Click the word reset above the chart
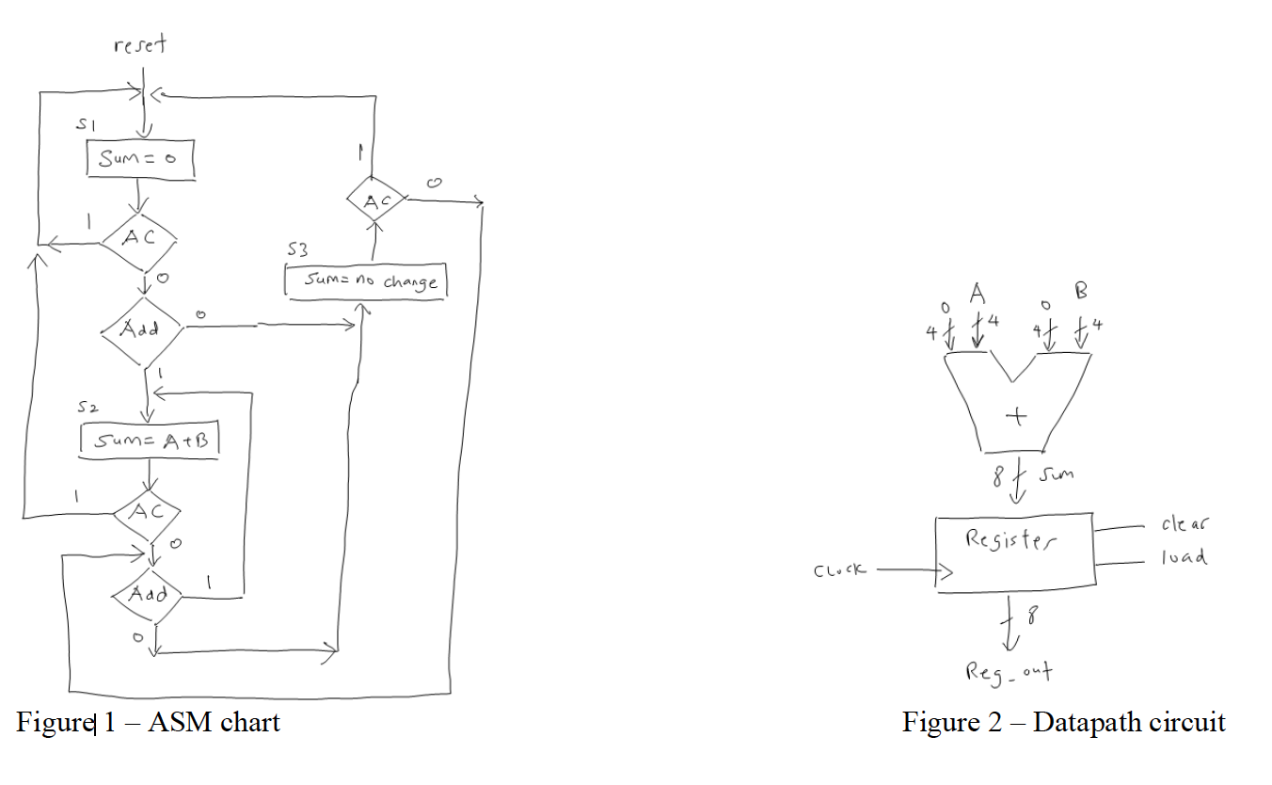140,43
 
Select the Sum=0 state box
140,159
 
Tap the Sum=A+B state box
151,440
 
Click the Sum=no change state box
366,281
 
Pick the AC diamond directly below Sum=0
140,240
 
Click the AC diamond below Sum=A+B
146,512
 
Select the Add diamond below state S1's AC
141,328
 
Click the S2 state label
87,409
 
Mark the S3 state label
297,251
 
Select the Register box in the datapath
1014,553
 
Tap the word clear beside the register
1185,525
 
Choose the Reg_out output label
1008,672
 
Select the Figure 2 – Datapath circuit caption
1064,723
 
